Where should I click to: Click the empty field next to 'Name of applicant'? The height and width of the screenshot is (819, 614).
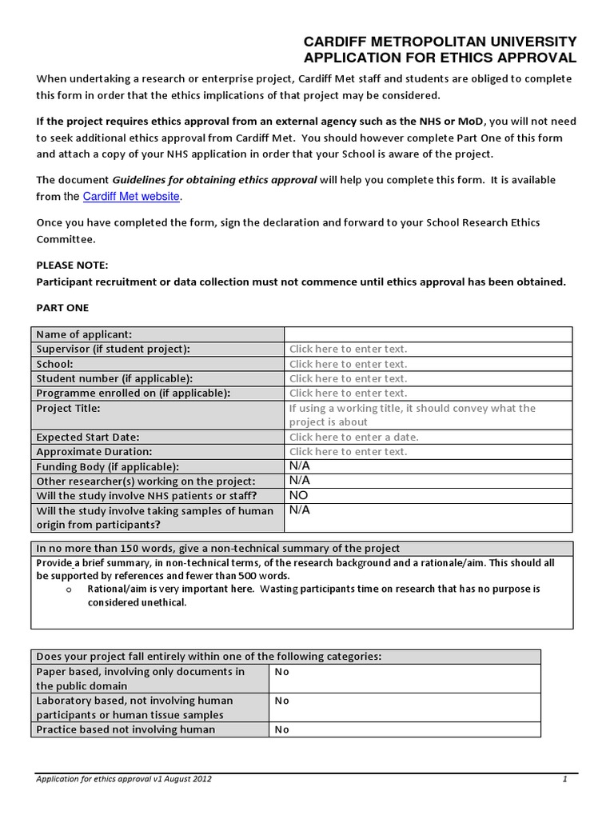pos(428,334)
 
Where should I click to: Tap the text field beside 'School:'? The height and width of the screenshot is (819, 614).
pos(348,364)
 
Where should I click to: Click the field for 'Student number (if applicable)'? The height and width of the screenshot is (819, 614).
pos(348,378)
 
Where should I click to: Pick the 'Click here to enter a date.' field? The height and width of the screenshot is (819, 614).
pos(353,437)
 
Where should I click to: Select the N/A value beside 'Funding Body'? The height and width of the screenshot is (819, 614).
pos(299,465)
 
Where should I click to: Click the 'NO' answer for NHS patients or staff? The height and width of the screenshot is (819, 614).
pos(298,495)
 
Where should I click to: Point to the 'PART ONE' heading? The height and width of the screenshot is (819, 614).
pos(63,307)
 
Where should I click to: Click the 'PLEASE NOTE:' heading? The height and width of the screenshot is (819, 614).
pos(72,265)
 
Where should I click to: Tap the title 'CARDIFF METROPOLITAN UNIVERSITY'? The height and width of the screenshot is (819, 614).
pos(439,42)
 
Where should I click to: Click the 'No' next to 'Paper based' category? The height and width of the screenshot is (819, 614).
pos(281,672)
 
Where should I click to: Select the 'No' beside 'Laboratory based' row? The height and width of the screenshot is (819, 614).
pos(281,701)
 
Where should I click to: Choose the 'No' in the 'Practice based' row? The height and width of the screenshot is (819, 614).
pos(281,729)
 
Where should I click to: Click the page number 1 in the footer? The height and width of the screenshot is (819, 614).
pos(564,778)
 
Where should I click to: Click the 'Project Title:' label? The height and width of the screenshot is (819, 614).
pos(69,408)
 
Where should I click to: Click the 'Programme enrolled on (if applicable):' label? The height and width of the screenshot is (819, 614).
pos(133,393)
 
